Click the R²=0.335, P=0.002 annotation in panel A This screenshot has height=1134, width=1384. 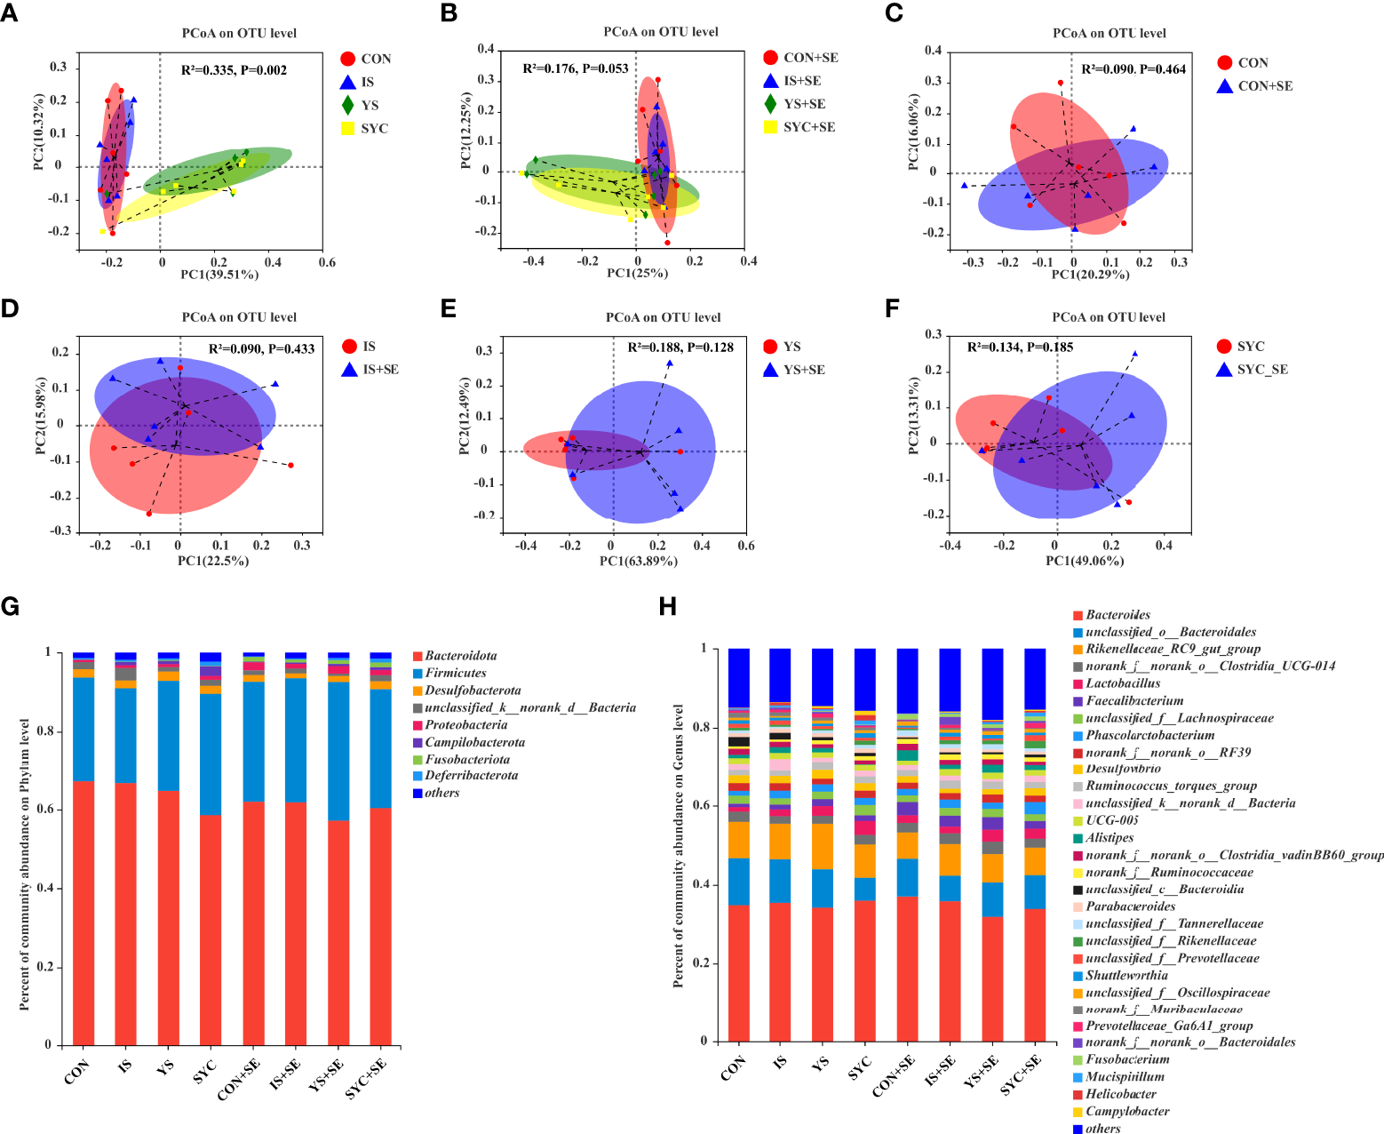click(234, 70)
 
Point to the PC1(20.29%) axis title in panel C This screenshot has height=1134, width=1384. click(1090, 275)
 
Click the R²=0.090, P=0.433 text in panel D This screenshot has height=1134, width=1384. click(261, 348)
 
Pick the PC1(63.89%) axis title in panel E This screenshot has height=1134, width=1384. click(638, 561)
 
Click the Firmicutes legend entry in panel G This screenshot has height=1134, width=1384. click(455, 673)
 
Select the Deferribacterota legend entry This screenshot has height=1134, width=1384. click(471, 776)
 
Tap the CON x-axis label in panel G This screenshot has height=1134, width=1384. click(77, 1071)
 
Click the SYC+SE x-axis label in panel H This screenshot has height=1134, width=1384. click(1021, 1074)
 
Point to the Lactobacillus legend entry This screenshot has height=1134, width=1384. click(1122, 683)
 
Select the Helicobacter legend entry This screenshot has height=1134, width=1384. click(1120, 1094)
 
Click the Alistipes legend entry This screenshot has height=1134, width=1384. click(1110, 838)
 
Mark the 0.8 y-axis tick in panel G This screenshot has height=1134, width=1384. click(48, 731)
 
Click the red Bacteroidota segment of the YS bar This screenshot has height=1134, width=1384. click(168, 915)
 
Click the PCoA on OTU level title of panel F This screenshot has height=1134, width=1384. click(1109, 317)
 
